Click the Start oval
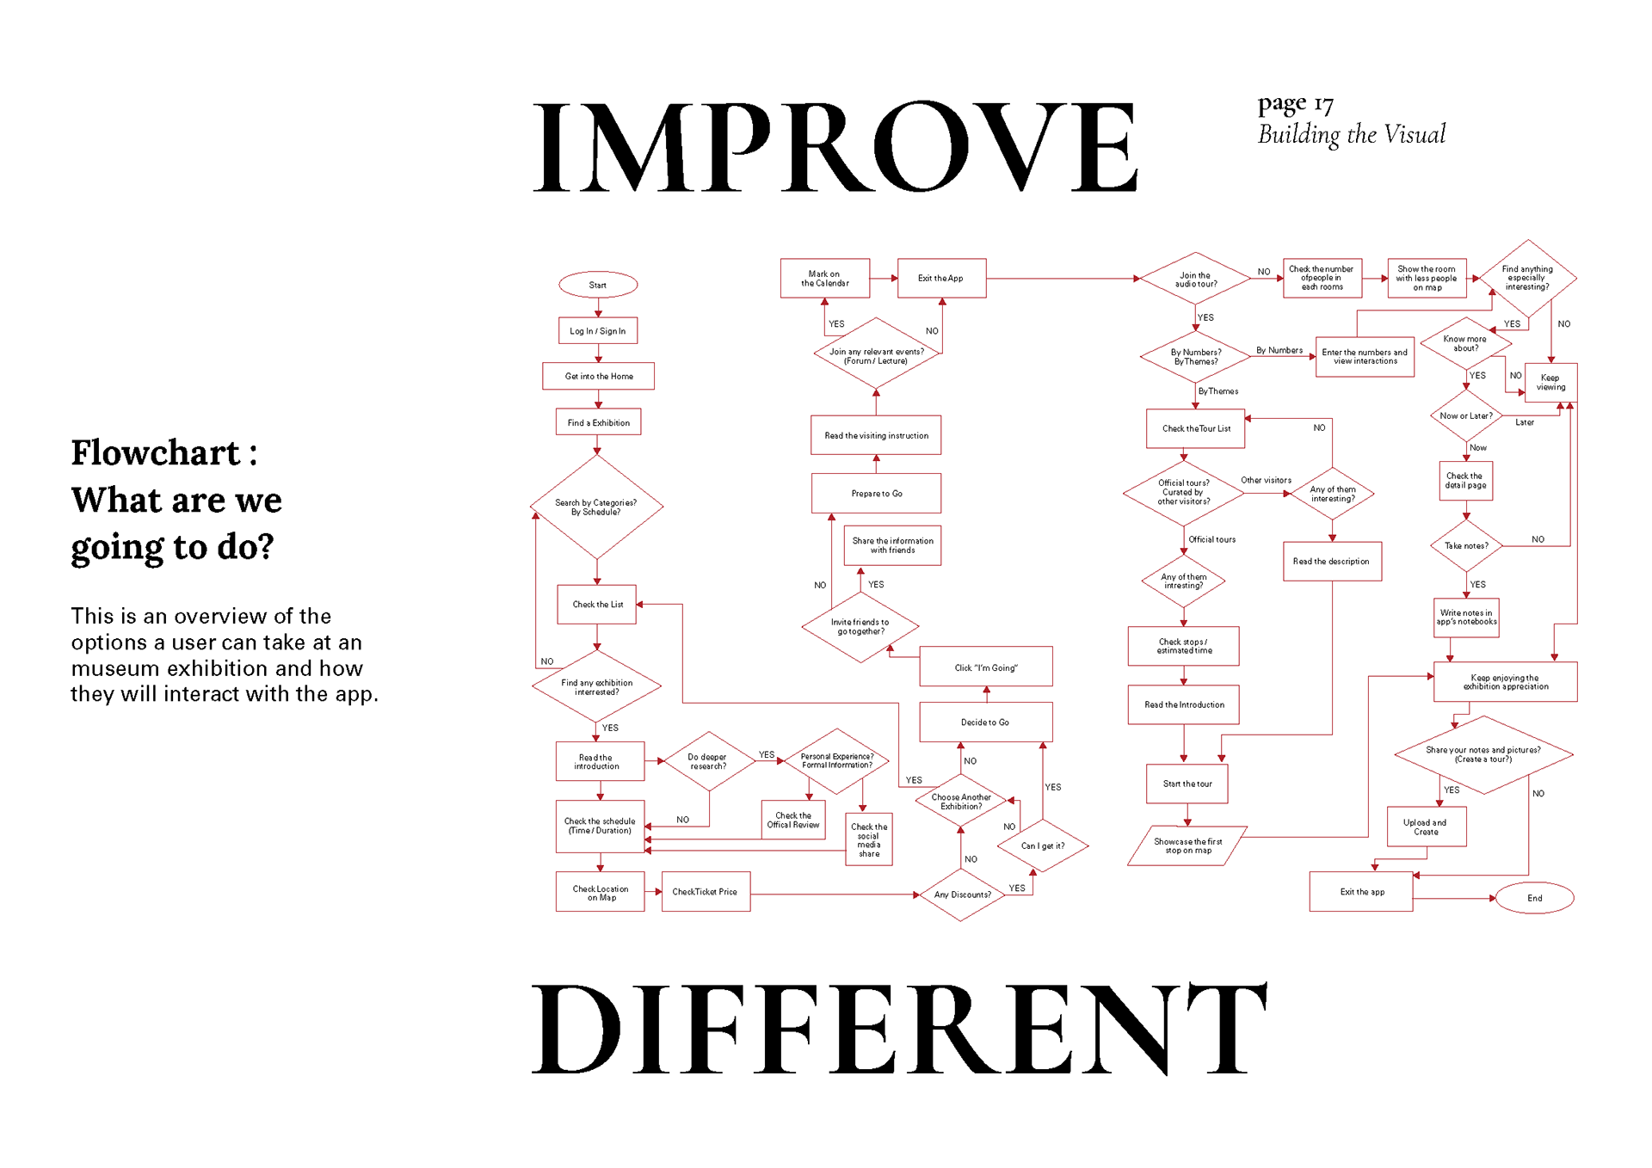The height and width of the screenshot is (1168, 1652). click(x=598, y=285)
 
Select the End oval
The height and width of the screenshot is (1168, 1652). click(x=1534, y=898)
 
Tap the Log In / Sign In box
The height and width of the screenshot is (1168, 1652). click(x=598, y=331)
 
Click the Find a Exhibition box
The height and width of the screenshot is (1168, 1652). click(x=598, y=422)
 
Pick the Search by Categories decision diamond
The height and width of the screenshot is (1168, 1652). click(x=596, y=507)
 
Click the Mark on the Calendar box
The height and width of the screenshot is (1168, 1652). click(x=824, y=279)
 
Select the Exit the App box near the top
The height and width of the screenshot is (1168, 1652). click(x=940, y=279)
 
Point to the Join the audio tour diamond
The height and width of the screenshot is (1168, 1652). click(x=1195, y=279)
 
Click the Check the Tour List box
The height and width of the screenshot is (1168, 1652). click(x=1195, y=428)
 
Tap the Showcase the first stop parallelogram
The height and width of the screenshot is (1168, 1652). click(x=1187, y=846)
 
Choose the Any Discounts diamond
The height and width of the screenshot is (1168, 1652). click(x=962, y=894)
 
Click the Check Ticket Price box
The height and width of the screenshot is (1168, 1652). click(x=705, y=892)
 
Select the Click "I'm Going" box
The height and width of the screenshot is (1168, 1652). click(x=985, y=667)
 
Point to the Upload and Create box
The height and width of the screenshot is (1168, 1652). click(x=1426, y=827)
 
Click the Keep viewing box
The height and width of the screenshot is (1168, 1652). click(x=1550, y=382)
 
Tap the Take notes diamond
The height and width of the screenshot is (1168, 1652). click(x=1466, y=545)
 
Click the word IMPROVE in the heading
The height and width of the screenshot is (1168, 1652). click(x=835, y=146)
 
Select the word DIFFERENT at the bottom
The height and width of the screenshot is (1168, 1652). click(x=899, y=1029)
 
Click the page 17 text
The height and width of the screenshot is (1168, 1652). click(x=1295, y=105)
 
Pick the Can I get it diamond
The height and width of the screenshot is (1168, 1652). click(x=1042, y=845)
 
